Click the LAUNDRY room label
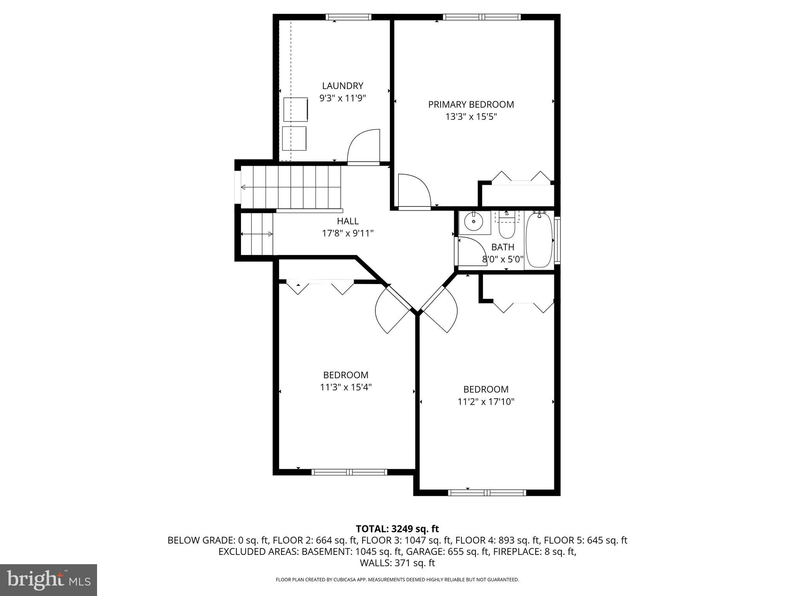click(x=342, y=86)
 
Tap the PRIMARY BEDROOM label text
click(x=471, y=104)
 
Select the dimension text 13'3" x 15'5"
click(x=471, y=117)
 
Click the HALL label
click(x=347, y=221)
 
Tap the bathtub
click(x=539, y=239)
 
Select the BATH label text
click(x=503, y=247)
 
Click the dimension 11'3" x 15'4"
click(x=345, y=387)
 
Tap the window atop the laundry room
click(x=348, y=17)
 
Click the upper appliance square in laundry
click(x=295, y=109)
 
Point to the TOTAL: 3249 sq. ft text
click(x=397, y=529)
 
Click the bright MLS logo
click(x=49, y=580)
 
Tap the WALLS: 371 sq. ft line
click(x=397, y=563)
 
